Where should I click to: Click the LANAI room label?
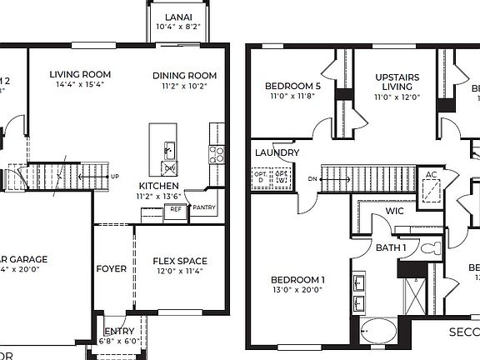click(178, 17)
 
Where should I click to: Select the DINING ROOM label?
click(184, 75)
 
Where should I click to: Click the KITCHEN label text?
click(156, 185)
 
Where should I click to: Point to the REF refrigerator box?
click(176, 211)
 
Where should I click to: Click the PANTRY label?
click(203, 207)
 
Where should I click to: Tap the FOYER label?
click(112, 269)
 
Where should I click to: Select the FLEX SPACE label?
click(180, 261)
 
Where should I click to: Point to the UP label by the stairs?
click(115, 177)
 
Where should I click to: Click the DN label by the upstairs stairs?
click(312, 178)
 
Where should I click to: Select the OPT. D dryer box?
click(260, 177)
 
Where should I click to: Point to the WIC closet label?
click(393, 212)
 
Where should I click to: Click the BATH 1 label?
click(390, 247)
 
